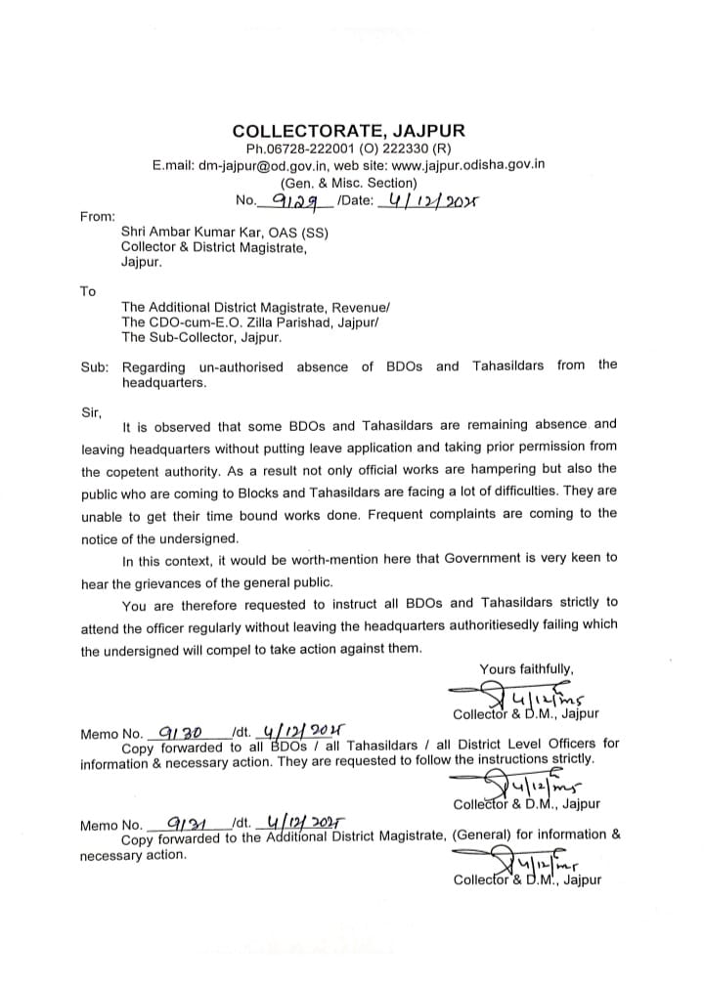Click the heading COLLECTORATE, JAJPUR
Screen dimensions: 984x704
click(x=349, y=131)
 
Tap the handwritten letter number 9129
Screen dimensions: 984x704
click(x=286, y=201)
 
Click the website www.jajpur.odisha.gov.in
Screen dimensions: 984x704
click(x=467, y=166)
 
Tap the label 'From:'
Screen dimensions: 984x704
click(x=97, y=216)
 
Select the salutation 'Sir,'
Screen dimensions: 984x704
click(x=91, y=411)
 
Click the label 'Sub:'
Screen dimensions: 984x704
click(x=95, y=366)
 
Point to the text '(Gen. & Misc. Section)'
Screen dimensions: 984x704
click(x=349, y=183)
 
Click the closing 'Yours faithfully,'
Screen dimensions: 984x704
click(x=527, y=668)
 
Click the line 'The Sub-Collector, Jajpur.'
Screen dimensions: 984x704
click(x=201, y=337)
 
